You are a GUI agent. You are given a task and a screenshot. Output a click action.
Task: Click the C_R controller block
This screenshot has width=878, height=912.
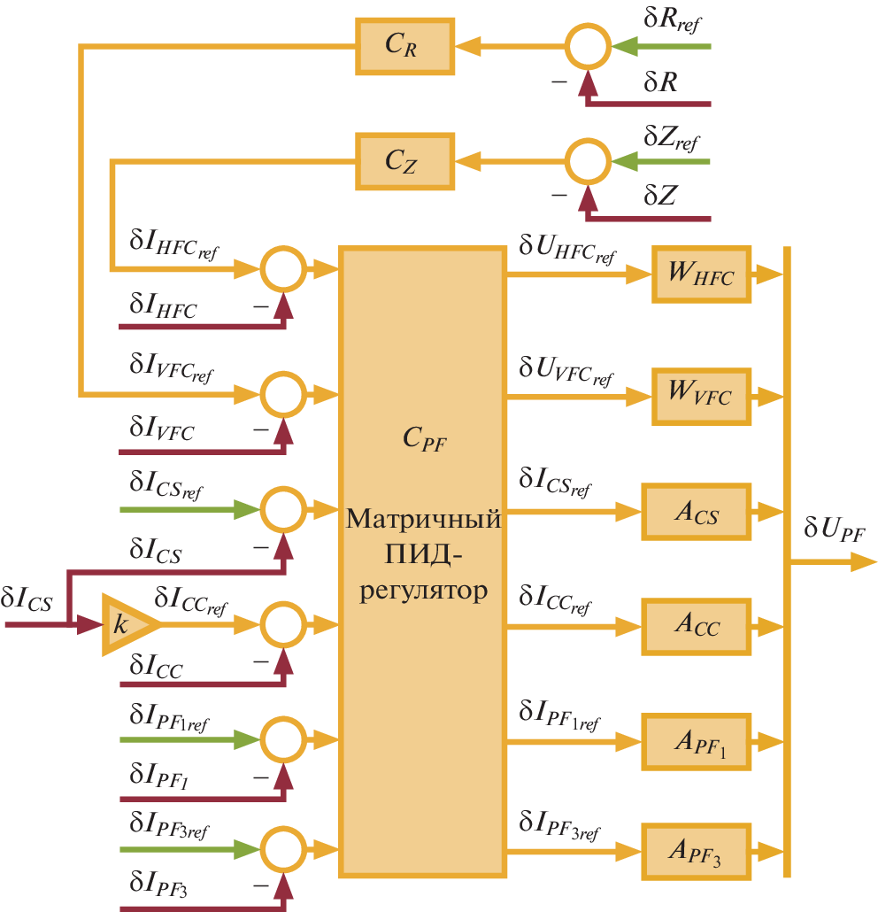click(x=404, y=45)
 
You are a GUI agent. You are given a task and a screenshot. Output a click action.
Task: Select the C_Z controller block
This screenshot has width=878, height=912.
click(x=404, y=161)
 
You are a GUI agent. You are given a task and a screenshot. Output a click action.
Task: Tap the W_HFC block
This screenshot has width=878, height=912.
click(x=701, y=276)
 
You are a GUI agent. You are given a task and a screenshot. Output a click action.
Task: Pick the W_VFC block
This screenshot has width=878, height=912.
click(x=701, y=396)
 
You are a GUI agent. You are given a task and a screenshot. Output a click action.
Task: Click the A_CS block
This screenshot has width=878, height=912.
click(x=696, y=512)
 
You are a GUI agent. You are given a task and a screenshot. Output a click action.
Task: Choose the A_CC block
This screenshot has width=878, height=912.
click(x=696, y=626)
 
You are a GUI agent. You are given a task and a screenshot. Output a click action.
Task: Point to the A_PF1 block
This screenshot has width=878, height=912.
click(x=696, y=741)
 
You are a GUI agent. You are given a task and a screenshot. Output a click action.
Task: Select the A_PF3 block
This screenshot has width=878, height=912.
click(x=696, y=851)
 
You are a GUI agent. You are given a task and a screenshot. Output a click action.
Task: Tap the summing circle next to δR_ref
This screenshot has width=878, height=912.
click(x=588, y=45)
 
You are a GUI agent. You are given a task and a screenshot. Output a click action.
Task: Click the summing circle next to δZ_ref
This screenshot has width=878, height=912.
click(x=588, y=161)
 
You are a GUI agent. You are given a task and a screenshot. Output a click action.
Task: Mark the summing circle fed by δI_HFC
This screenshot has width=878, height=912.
click(x=283, y=267)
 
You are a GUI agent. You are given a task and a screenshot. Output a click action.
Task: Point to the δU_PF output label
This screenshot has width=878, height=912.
click(x=833, y=530)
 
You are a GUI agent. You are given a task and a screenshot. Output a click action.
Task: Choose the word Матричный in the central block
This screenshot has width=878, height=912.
click(x=423, y=519)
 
